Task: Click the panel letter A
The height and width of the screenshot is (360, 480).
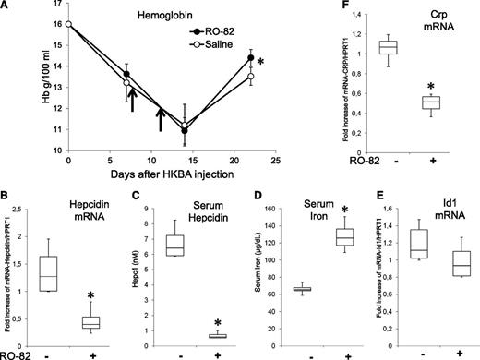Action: click(x=6, y=7)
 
